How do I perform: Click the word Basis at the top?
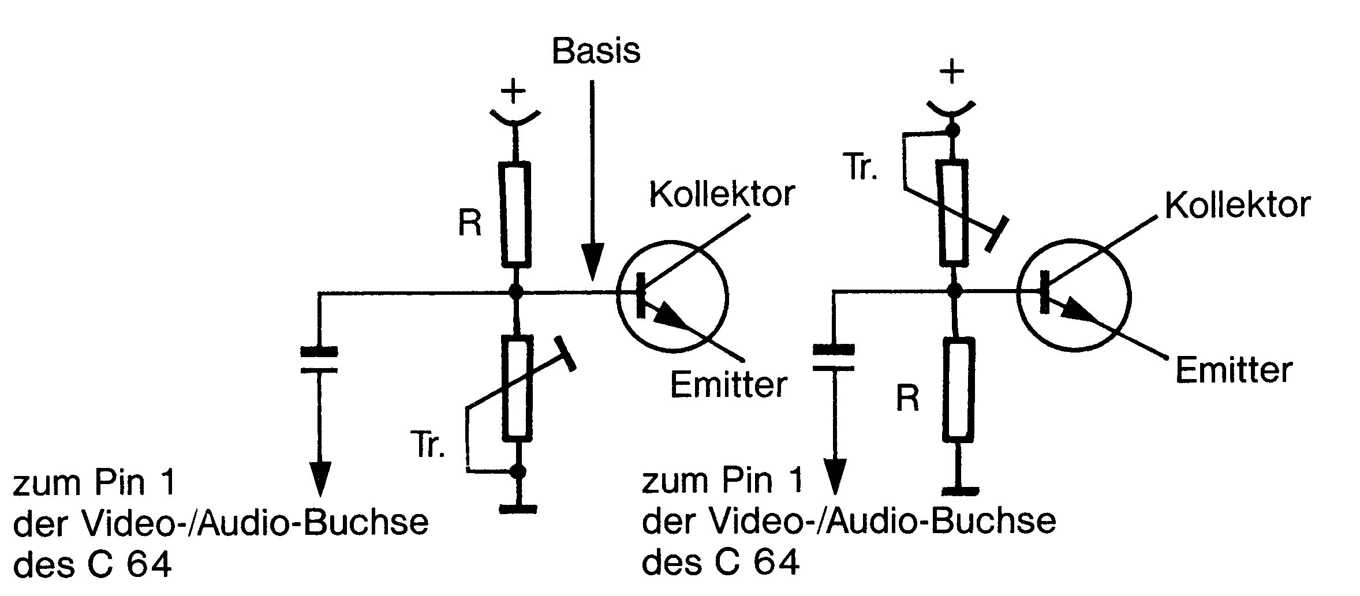[596, 51]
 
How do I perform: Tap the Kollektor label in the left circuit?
[722, 194]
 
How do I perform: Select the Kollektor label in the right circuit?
[1237, 205]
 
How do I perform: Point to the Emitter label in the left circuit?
[728, 384]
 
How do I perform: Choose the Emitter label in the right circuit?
[1234, 370]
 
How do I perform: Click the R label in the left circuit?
[469, 224]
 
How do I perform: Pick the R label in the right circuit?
[907, 398]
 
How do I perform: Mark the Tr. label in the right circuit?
[861, 168]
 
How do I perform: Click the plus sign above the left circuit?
[513, 92]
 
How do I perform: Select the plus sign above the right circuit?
[952, 73]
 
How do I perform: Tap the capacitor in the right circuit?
[833, 358]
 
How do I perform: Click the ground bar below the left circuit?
[518, 509]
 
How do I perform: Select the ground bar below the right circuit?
[959, 492]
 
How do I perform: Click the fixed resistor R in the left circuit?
[515, 215]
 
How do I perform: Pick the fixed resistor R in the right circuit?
[959, 389]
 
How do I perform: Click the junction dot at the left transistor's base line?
[516, 291]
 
